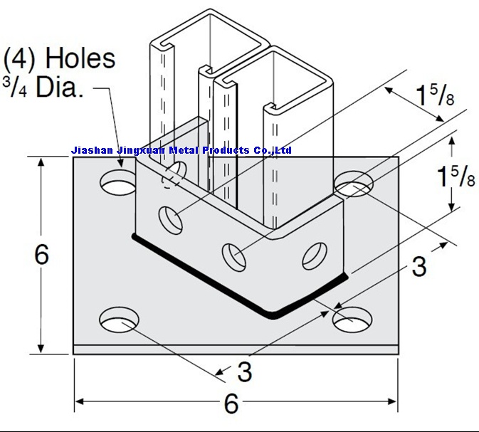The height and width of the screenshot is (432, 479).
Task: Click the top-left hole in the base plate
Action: click(118, 183)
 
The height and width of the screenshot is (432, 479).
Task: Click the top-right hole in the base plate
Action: click(354, 184)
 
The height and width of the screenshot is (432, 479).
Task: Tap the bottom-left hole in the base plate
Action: click(118, 320)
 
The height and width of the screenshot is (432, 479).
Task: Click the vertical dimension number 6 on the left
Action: click(42, 254)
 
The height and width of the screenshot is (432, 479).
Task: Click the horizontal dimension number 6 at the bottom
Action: click(231, 404)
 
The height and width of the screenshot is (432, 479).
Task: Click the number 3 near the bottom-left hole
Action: click(243, 371)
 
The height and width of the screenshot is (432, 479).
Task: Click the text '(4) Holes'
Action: click(60, 58)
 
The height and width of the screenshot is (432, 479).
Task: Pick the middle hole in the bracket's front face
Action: click(232, 253)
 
